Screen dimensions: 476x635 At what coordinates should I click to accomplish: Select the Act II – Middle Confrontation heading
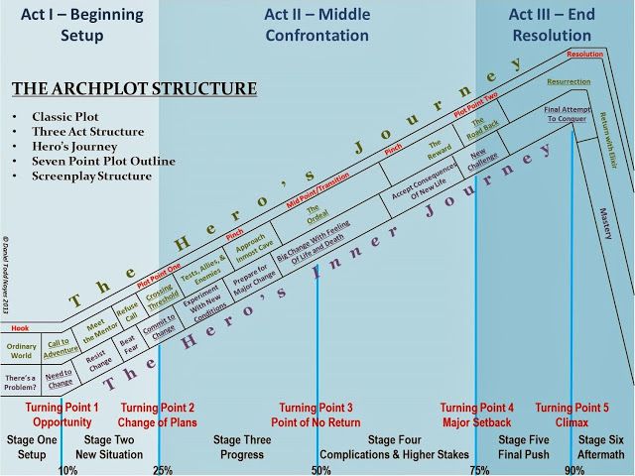click(317, 25)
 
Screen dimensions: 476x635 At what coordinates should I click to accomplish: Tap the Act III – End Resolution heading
click(552, 25)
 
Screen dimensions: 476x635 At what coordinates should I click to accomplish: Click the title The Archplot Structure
click(134, 89)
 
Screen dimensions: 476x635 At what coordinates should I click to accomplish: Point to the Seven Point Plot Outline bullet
click(103, 161)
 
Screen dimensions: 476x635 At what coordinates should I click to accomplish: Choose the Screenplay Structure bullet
click(91, 177)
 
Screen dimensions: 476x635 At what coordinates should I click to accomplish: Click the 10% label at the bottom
click(67, 469)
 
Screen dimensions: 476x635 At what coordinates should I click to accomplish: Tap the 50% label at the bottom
click(320, 469)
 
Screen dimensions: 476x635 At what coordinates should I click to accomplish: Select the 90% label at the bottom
click(574, 469)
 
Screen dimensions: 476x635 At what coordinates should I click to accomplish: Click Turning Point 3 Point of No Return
click(317, 416)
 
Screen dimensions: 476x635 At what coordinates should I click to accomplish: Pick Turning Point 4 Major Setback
click(477, 416)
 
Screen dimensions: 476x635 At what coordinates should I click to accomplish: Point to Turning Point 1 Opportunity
click(62, 416)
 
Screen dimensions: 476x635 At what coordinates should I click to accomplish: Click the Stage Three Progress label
click(242, 447)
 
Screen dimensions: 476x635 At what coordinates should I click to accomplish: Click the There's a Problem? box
click(20, 382)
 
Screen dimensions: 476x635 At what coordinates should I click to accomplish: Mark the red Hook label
click(20, 326)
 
